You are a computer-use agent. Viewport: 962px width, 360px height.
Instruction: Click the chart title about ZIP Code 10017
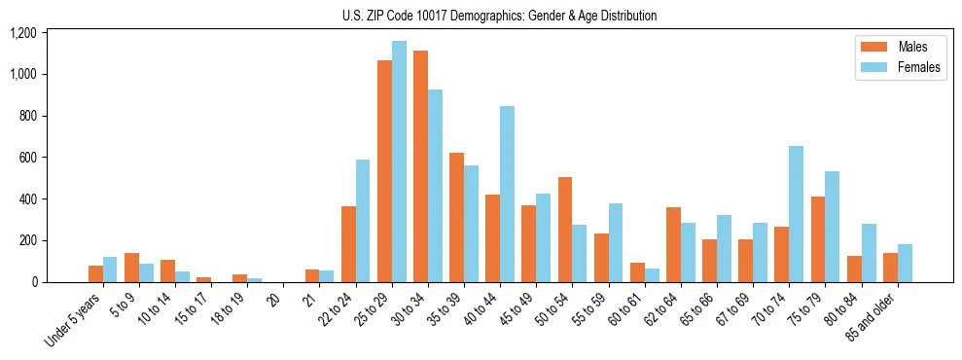click(499, 16)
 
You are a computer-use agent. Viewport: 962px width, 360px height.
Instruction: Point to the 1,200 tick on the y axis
click(22, 33)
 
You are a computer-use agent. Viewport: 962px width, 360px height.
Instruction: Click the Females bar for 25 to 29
click(399, 162)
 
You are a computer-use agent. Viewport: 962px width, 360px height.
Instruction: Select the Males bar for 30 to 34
click(420, 166)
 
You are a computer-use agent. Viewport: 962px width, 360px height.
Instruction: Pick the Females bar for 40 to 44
click(507, 195)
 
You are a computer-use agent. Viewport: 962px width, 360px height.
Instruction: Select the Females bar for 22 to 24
click(363, 221)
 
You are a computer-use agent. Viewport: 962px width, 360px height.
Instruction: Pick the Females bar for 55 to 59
click(616, 243)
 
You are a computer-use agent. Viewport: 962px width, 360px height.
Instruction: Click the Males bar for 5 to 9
click(131, 268)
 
